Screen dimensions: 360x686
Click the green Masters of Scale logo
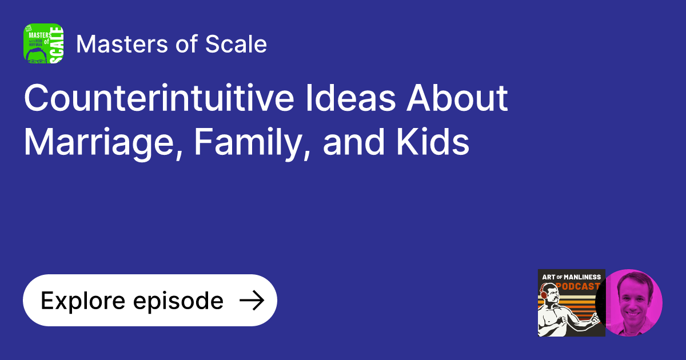tap(43, 43)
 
